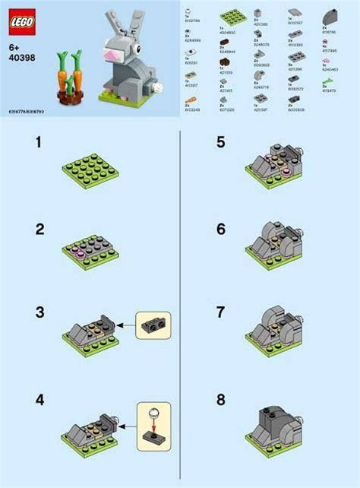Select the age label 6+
coord(14,46)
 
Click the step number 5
coord(221,142)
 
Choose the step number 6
coord(221,228)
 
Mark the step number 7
coord(221,312)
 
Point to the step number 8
coord(221,398)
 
